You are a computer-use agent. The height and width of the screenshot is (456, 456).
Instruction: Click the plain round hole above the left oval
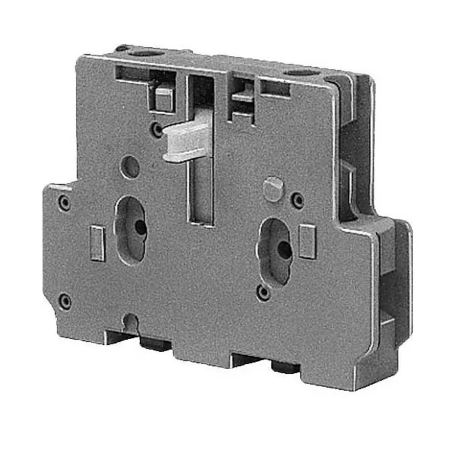132,166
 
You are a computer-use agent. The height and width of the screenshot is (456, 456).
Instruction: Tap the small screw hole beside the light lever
157,130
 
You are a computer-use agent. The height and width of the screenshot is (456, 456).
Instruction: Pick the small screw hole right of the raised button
298,199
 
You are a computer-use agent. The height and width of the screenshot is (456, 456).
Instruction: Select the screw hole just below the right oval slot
263,292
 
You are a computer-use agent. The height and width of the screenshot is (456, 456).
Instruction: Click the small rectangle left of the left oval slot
97,243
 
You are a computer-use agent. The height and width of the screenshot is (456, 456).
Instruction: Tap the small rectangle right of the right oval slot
308,241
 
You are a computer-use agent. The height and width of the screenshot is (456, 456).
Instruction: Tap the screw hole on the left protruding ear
65,202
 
